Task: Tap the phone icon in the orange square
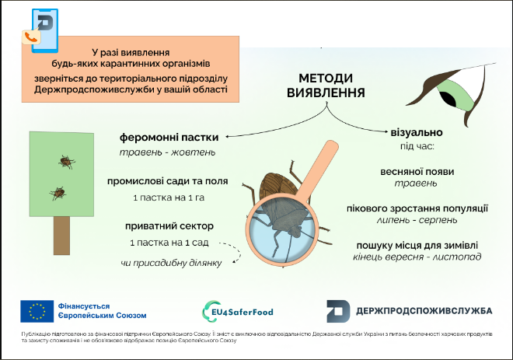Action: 32,37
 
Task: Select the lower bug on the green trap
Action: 56,191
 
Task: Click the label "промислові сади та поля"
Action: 169,182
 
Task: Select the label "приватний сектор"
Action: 169,227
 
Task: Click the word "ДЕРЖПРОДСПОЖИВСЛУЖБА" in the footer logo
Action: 423,310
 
